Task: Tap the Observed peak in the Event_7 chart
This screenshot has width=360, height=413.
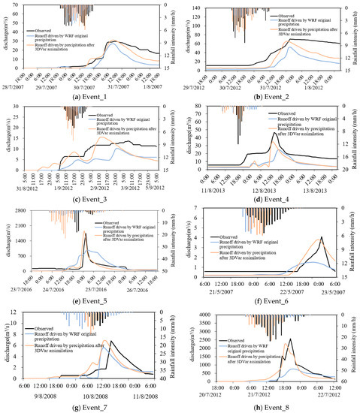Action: (x=110, y=342)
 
